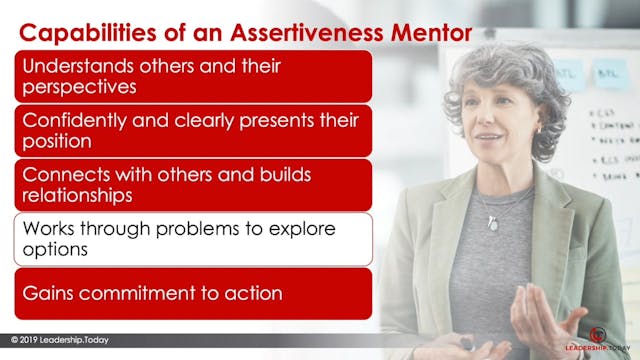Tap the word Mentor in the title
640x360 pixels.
[x=410, y=32]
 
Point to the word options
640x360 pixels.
[x=53, y=249]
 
